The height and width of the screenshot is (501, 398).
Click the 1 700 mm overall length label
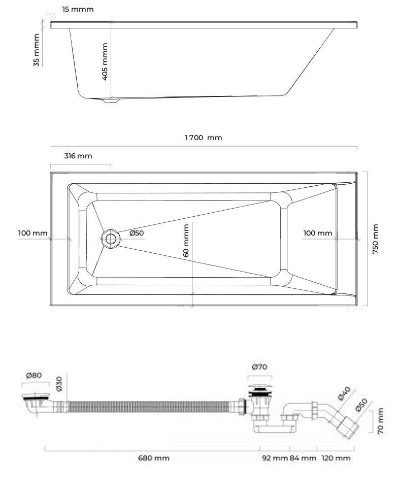click(203, 138)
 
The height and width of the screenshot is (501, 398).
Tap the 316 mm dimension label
click(78, 156)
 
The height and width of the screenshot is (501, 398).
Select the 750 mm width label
click(375, 239)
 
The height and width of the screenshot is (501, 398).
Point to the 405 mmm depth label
click(105, 61)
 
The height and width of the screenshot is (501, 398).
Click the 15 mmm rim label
click(78, 9)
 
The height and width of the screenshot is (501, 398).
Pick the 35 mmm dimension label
click(36, 50)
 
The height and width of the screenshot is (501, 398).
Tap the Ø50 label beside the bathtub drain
click(137, 233)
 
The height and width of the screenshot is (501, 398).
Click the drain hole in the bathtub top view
click(111, 239)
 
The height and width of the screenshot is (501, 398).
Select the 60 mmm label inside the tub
click(186, 240)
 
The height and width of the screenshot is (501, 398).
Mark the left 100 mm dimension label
click(32, 233)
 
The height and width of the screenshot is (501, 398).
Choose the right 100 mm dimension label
click(318, 233)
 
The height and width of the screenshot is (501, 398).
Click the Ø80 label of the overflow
click(34, 375)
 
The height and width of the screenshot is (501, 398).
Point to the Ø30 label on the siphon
click(59, 384)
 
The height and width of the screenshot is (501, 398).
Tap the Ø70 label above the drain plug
click(259, 367)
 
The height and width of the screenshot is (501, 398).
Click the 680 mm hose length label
click(154, 458)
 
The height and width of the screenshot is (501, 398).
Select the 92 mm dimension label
click(275, 458)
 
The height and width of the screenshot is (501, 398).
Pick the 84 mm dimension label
click(303, 458)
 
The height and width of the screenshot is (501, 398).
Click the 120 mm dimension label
click(336, 458)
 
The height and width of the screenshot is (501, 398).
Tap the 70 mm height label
click(380, 421)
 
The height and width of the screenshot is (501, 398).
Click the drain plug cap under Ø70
click(260, 389)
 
